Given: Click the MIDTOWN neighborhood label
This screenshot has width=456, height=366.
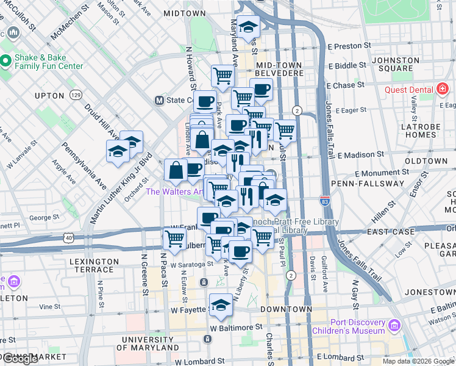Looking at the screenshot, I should pos(184,13).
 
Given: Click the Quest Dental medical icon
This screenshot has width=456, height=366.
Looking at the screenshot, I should pos(443,90).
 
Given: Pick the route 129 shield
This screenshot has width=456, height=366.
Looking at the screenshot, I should pos(76,95).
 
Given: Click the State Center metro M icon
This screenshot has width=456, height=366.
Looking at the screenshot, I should pos(160,100).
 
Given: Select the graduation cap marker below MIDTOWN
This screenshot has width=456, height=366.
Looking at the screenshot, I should pos(248,26).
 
